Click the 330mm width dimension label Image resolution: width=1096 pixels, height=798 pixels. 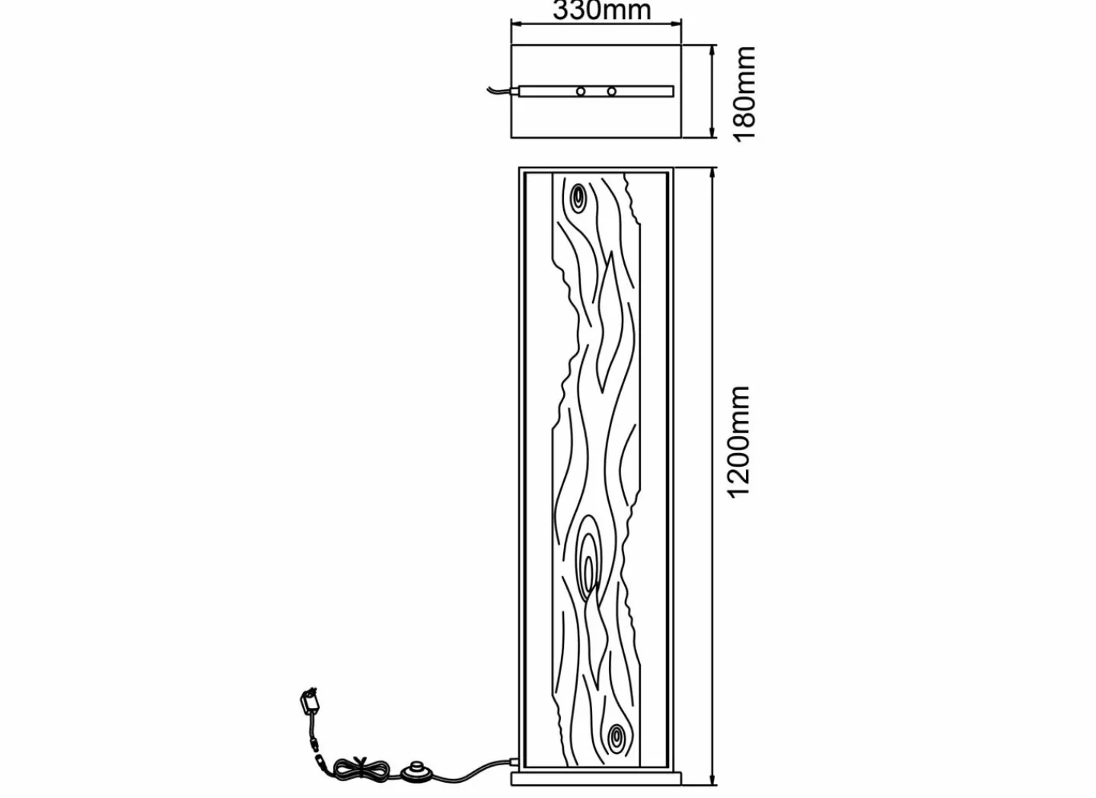coord(601,10)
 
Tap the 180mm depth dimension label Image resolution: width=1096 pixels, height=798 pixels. coord(744,93)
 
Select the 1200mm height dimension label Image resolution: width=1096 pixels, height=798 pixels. coord(739,442)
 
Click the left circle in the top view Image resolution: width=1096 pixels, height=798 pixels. coord(581,91)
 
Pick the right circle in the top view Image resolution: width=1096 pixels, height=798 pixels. coord(611,91)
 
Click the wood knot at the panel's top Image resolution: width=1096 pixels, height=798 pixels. coord(579,197)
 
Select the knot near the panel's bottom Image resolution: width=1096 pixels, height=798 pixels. coord(616,736)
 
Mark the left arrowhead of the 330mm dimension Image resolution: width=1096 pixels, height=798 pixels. coord(515,24)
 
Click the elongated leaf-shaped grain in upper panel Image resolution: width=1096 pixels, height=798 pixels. coord(607,320)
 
